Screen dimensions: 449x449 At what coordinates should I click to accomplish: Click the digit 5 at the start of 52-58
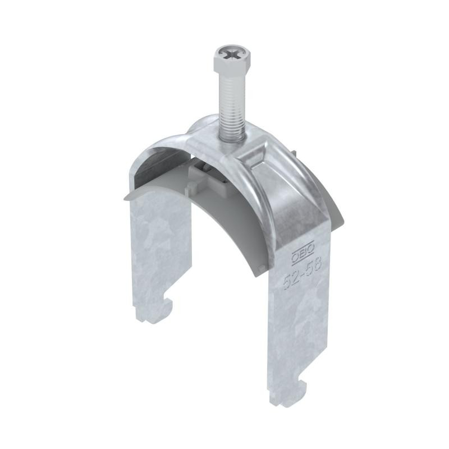tap(287, 282)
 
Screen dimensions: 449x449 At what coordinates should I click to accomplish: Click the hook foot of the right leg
tap(288, 392)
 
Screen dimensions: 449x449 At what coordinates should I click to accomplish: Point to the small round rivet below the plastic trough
tap(260, 268)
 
